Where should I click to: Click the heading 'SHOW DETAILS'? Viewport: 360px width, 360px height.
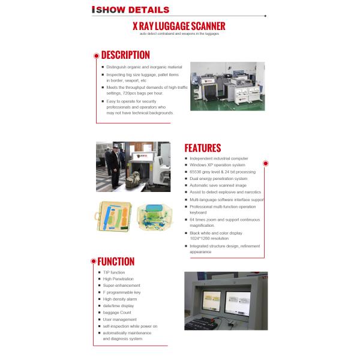(133, 10)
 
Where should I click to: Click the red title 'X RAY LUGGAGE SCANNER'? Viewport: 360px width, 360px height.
(179, 26)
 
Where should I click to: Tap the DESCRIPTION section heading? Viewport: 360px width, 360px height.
(125, 55)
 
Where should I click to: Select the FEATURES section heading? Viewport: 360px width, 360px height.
(202, 148)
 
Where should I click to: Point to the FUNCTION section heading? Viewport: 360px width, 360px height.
(116, 262)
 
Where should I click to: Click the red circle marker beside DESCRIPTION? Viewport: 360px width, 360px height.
(96, 55)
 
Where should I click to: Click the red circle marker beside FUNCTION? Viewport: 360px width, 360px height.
(93, 261)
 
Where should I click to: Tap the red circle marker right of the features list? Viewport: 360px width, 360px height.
(266, 163)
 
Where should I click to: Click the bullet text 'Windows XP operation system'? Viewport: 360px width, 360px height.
(217, 165)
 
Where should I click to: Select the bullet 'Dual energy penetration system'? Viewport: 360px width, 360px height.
(218, 178)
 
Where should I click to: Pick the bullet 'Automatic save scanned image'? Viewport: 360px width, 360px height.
(217, 185)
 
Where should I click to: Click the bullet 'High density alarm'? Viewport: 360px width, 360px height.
(120, 299)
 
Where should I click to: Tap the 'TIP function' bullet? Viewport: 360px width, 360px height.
(114, 272)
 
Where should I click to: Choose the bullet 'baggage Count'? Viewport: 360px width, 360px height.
(117, 313)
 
